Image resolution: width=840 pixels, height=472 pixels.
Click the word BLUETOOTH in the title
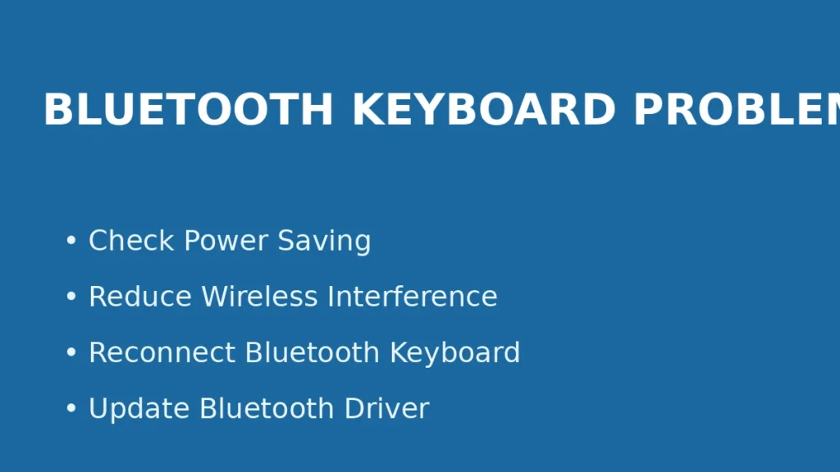188,110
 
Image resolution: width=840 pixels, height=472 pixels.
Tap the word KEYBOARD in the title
483,110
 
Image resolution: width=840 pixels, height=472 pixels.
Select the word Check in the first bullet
131,241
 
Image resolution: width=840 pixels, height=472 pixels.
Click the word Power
226,241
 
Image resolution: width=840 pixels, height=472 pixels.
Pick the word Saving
324,242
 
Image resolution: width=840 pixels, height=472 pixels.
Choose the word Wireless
260,297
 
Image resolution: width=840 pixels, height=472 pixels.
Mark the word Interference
413,297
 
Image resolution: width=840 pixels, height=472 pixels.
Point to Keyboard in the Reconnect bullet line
454,352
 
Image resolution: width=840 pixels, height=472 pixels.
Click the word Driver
386,408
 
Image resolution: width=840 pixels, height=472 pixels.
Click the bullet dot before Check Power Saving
71,242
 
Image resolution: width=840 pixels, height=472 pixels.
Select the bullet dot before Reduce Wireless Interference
71,297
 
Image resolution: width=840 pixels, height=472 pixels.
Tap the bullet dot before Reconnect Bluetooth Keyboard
71,353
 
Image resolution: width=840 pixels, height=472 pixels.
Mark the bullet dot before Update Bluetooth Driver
71,409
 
